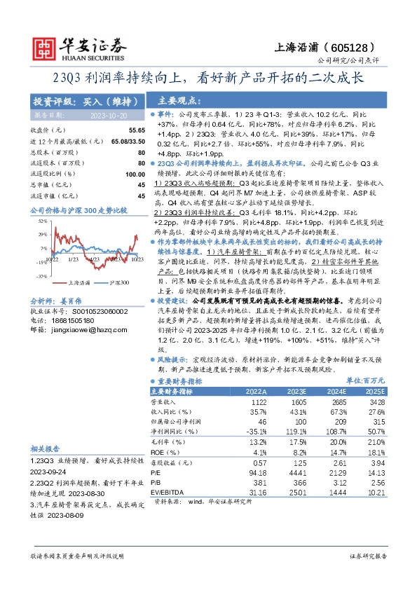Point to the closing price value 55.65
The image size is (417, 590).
pos(136,130)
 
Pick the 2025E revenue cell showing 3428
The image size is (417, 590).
pos(375,403)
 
